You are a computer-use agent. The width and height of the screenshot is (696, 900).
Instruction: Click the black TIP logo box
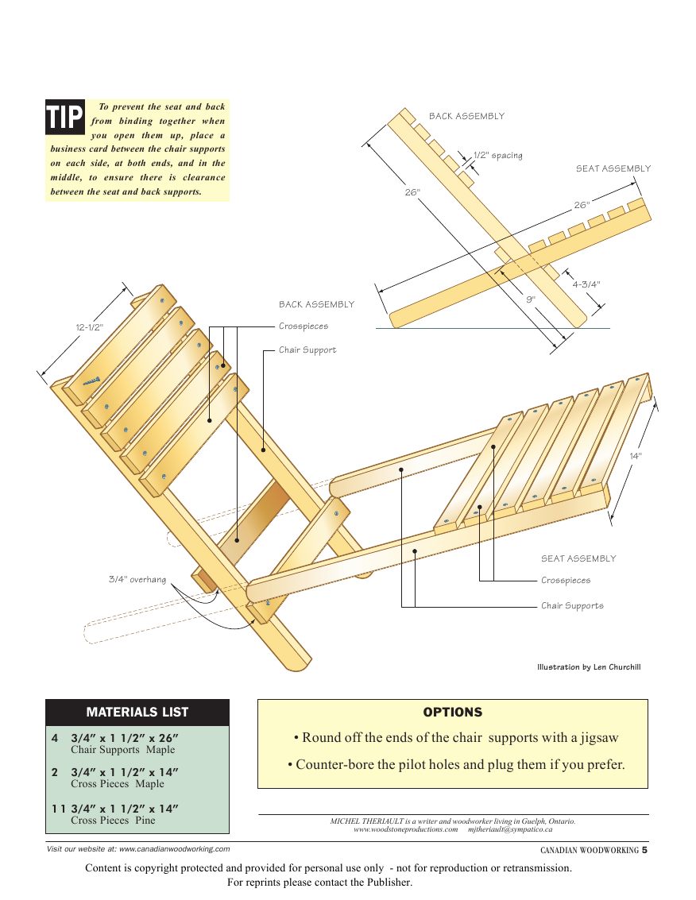[65, 118]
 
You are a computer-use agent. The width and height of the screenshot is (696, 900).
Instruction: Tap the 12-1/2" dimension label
[90, 326]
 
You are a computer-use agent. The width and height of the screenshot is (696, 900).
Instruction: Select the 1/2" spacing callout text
[498, 155]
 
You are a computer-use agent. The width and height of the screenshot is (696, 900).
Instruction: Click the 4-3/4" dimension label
[586, 284]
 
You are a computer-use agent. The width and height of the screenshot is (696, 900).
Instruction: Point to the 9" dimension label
[531, 299]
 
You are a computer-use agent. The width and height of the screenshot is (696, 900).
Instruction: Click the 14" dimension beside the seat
[636, 456]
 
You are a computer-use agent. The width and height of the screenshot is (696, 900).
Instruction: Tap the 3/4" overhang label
[137, 579]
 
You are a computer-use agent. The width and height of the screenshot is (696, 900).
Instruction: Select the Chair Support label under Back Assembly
[307, 350]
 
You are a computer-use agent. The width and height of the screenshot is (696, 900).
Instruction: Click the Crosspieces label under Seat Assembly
[566, 580]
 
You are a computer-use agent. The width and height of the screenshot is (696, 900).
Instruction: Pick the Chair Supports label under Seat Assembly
[572, 605]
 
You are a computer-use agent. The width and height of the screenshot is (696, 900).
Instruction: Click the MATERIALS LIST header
[137, 712]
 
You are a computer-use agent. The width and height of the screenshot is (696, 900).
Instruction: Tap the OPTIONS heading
[452, 713]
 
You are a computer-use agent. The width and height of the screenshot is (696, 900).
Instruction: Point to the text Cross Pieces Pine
[113, 820]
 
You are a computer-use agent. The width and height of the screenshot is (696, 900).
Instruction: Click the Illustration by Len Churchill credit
[589, 666]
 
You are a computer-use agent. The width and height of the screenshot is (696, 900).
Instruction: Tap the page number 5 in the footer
[645, 849]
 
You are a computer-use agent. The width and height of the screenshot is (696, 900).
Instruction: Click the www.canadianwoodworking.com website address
[175, 848]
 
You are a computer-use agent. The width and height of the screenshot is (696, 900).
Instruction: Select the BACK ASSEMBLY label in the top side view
[466, 116]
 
